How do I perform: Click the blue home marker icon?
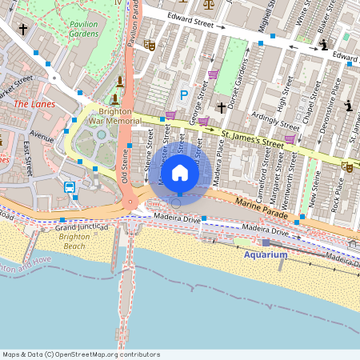(x=180, y=172)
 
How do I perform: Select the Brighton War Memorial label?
(x=114, y=117)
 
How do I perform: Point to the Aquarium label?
(x=265, y=254)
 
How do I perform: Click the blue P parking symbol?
(x=183, y=96)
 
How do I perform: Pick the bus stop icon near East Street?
(x=70, y=188)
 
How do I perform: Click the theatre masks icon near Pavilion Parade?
(x=149, y=46)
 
